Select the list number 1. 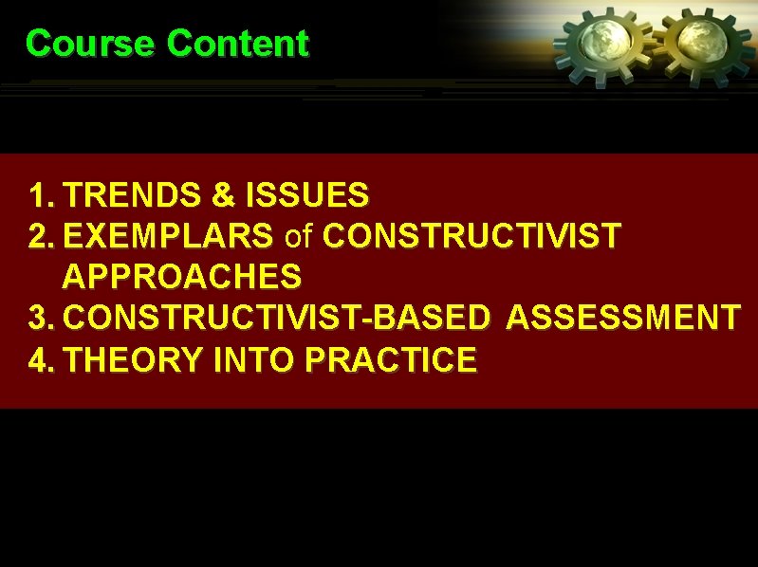click(41, 195)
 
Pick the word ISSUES click(306, 195)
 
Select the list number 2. click(41, 235)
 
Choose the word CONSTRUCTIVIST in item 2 click(471, 235)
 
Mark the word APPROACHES click(181, 276)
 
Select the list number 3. click(41, 318)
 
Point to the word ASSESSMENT click(623, 318)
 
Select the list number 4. click(41, 359)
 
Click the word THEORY click(131, 359)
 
